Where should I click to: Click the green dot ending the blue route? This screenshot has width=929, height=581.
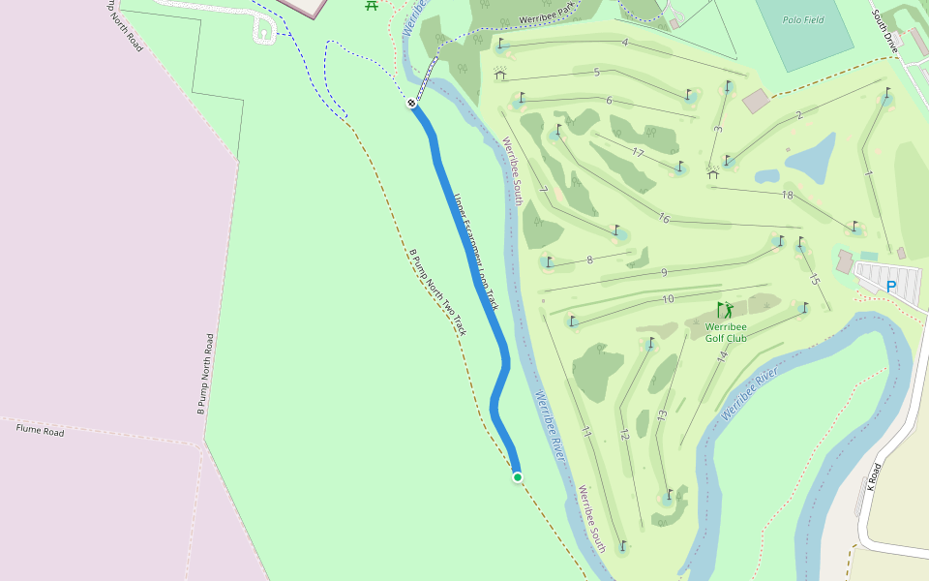518,476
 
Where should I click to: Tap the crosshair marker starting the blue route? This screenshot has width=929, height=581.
411,103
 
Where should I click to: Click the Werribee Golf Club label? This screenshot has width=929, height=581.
726,332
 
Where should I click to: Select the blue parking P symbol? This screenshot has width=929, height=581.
891,287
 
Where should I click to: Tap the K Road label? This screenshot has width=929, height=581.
874,476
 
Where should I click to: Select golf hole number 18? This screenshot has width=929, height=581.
787,195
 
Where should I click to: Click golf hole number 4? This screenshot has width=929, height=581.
625,42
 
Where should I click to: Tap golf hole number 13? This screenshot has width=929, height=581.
662,414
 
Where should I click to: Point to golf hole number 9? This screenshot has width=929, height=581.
664,272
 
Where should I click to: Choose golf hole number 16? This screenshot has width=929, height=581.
664,218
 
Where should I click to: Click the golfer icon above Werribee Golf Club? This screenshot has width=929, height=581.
725,310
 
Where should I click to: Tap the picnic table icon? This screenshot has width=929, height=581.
372,5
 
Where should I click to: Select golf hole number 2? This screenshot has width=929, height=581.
799,116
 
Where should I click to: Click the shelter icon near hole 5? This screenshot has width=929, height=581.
500,74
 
